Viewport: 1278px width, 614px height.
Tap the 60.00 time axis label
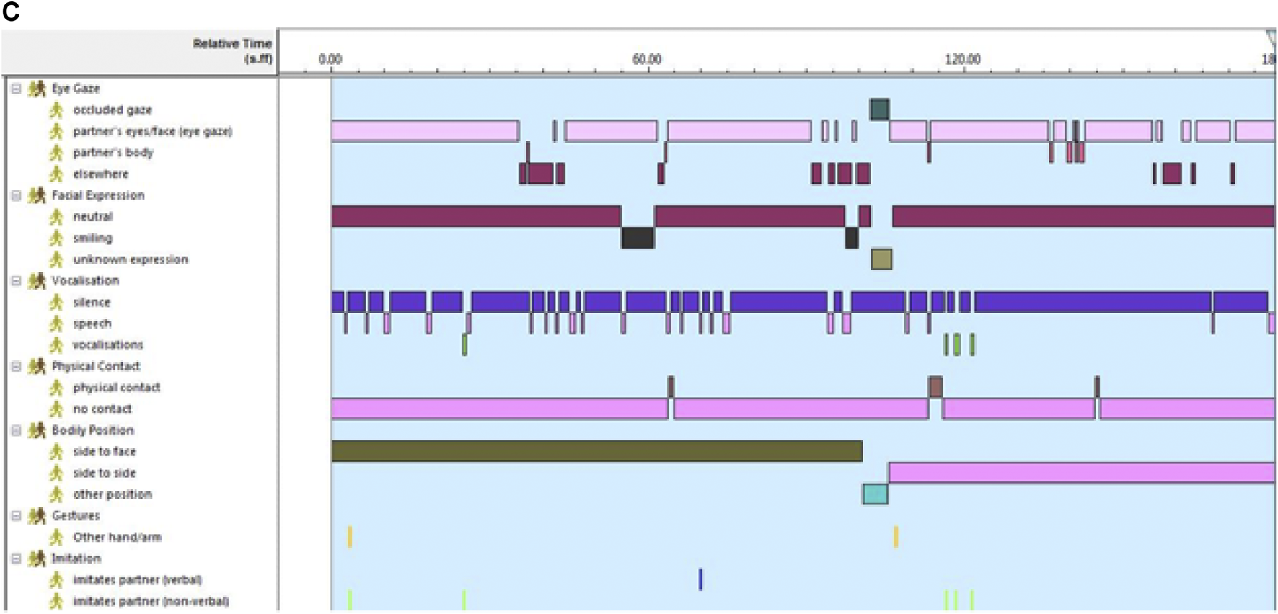(x=646, y=59)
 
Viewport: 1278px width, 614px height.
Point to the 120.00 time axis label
(x=962, y=59)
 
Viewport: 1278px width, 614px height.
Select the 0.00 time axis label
(x=330, y=59)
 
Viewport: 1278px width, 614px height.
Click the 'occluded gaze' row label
(x=112, y=110)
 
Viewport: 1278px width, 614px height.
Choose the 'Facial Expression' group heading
(x=97, y=195)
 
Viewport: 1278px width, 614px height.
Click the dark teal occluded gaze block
(x=879, y=110)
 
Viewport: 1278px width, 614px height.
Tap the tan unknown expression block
(x=881, y=259)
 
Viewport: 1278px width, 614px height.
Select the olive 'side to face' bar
(x=596, y=451)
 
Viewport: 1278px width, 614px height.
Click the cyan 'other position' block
(x=875, y=494)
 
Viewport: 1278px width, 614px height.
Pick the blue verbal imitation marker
(x=700, y=579)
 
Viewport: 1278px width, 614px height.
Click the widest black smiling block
(x=638, y=238)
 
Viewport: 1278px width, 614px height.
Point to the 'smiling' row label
(x=92, y=238)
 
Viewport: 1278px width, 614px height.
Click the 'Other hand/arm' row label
(x=117, y=537)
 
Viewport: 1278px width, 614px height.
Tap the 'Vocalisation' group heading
(x=85, y=281)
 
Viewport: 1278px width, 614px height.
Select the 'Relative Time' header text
(x=232, y=44)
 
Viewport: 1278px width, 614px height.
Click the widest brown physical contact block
(x=935, y=387)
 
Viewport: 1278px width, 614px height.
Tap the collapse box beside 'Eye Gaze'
(x=16, y=89)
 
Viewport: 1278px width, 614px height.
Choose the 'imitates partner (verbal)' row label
(x=137, y=579)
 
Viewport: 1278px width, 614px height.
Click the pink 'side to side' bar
(x=1081, y=473)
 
